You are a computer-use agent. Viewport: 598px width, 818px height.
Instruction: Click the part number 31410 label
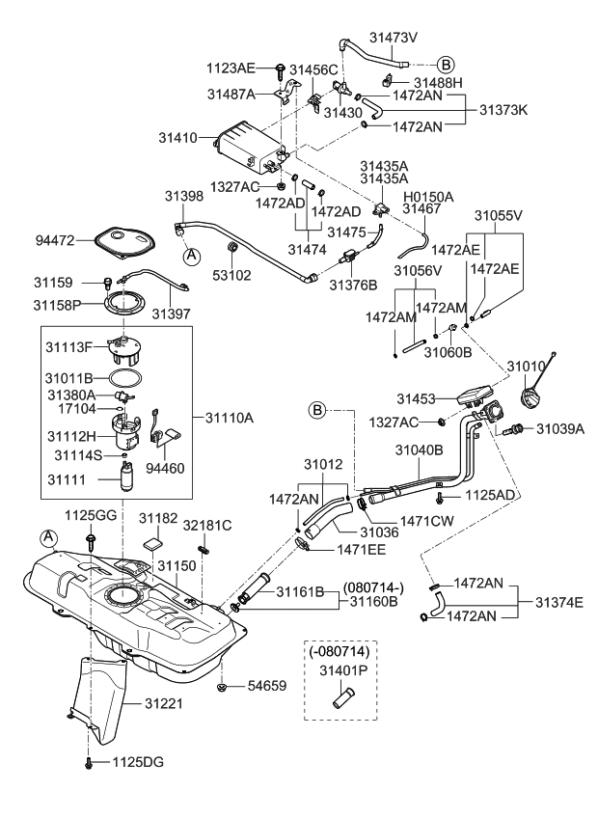tap(180, 138)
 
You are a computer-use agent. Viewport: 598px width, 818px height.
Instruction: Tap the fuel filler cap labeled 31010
tap(534, 395)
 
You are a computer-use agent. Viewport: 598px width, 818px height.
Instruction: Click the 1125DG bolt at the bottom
tap(89, 762)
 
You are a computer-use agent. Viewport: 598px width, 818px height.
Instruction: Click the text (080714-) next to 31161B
tap(373, 586)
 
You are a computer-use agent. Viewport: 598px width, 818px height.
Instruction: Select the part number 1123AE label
tap(231, 68)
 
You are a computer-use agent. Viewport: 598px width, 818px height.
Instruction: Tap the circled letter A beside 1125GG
tap(48, 536)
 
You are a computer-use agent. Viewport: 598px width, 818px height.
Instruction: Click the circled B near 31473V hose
tap(446, 64)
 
